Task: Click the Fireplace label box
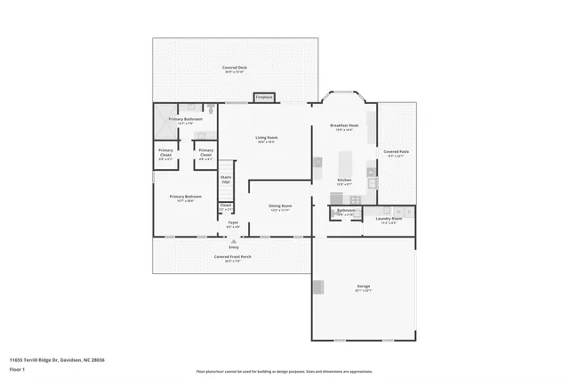point(263,97)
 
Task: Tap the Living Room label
point(267,138)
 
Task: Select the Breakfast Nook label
point(343,126)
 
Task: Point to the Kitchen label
point(344,180)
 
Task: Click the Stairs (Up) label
point(226,179)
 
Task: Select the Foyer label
point(233,225)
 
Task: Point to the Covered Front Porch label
point(233,257)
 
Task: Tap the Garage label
point(364,286)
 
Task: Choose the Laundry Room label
point(389,218)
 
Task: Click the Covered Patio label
point(397,152)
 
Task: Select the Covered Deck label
point(235,68)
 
